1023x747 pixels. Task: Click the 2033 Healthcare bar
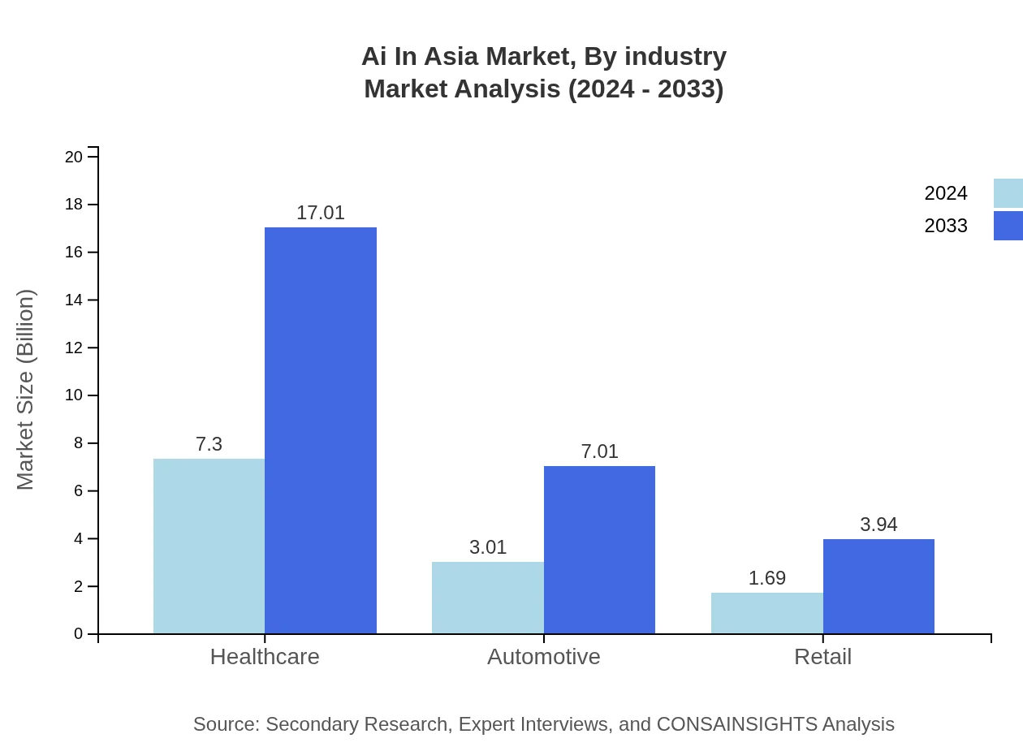(x=321, y=430)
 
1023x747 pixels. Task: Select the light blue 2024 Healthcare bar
(x=209, y=546)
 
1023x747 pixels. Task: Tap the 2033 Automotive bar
(x=599, y=550)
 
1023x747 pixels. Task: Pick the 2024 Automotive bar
(x=487, y=598)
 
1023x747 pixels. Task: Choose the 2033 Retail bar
(x=878, y=586)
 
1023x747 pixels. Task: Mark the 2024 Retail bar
(x=766, y=613)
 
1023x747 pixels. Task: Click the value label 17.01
(x=321, y=213)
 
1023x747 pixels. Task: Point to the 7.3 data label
(x=209, y=444)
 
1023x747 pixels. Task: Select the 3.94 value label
(x=878, y=525)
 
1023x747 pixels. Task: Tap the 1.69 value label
(x=766, y=578)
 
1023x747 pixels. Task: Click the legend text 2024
(x=946, y=193)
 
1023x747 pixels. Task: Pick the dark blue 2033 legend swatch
(x=1008, y=226)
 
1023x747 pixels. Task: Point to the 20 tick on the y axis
(x=74, y=157)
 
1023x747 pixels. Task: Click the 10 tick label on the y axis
(x=74, y=395)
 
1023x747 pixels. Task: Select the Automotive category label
(x=543, y=657)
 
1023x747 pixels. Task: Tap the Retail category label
(x=822, y=657)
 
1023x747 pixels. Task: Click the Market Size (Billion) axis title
(x=25, y=390)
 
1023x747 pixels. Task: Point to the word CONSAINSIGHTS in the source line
(x=736, y=724)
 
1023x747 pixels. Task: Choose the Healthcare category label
(x=265, y=657)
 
